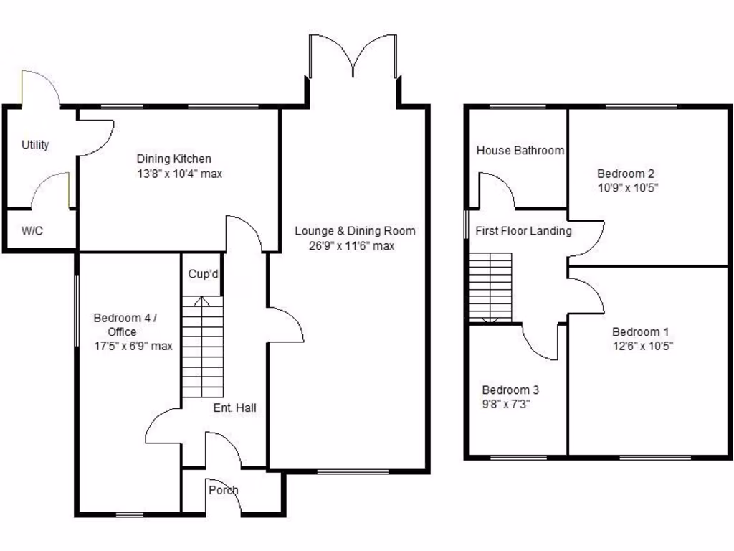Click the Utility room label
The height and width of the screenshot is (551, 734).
[35, 145]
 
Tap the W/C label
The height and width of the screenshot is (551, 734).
[32, 231]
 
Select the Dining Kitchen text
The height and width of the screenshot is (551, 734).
[174, 159]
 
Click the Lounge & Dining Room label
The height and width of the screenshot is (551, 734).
[355, 231]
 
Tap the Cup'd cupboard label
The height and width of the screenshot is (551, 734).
[203, 274]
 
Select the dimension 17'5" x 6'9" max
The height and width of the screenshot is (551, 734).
[133, 346]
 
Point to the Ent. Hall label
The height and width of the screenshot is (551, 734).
[234, 408]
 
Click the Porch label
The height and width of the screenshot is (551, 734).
[223, 490]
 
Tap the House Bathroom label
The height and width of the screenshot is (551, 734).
[520, 151]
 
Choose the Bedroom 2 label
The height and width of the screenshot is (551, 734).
[626, 174]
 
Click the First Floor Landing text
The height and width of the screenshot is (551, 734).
[523, 231]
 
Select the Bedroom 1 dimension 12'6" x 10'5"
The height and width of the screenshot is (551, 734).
[642, 346]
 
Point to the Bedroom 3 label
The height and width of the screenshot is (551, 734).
[510, 390]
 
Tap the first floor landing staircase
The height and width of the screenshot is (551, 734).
[490, 287]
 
